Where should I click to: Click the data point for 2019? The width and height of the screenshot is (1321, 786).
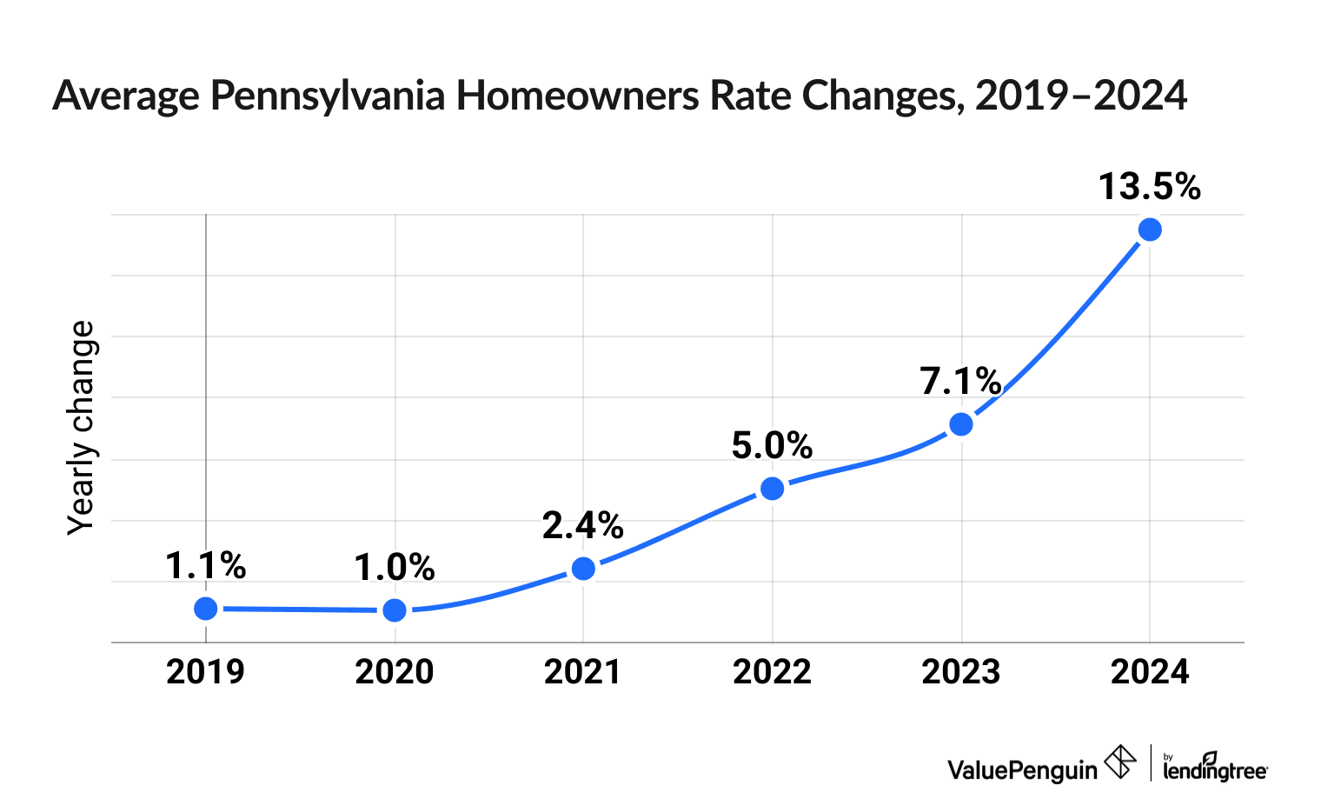pyautogui.click(x=205, y=608)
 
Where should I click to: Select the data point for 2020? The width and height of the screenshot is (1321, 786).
pyautogui.click(x=395, y=609)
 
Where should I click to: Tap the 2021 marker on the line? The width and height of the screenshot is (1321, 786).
pyautogui.click(x=583, y=569)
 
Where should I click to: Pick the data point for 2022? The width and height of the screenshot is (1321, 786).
pyautogui.click(x=772, y=489)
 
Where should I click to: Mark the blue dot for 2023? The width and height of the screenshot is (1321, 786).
pyautogui.click(x=961, y=424)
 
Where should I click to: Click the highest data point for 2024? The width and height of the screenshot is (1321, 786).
pyautogui.click(x=1150, y=230)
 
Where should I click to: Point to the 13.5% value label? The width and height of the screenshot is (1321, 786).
pyautogui.click(x=1149, y=187)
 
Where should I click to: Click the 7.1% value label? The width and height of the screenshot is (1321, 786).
pyautogui.click(x=961, y=381)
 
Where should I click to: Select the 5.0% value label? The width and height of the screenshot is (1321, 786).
pyautogui.click(x=772, y=446)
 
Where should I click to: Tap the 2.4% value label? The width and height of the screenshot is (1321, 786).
pyautogui.click(x=583, y=525)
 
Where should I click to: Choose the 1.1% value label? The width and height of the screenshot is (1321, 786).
pyautogui.click(x=205, y=566)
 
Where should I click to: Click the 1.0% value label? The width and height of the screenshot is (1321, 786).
pyautogui.click(x=395, y=568)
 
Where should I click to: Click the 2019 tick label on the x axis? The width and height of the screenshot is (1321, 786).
pyautogui.click(x=205, y=672)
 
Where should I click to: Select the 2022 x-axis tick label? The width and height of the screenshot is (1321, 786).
pyautogui.click(x=772, y=672)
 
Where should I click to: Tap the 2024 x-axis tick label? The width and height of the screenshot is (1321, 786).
pyautogui.click(x=1150, y=672)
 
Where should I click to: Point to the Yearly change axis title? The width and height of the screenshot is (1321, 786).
pyautogui.click(x=82, y=427)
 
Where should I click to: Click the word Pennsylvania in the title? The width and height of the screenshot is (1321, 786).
pyautogui.click(x=328, y=96)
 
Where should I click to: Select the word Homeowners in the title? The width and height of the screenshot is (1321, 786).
pyautogui.click(x=578, y=96)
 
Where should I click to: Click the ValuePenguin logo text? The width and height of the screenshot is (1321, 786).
pyautogui.click(x=1022, y=769)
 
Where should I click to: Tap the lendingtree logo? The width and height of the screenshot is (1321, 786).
pyautogui.click(x=1214, y=766)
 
